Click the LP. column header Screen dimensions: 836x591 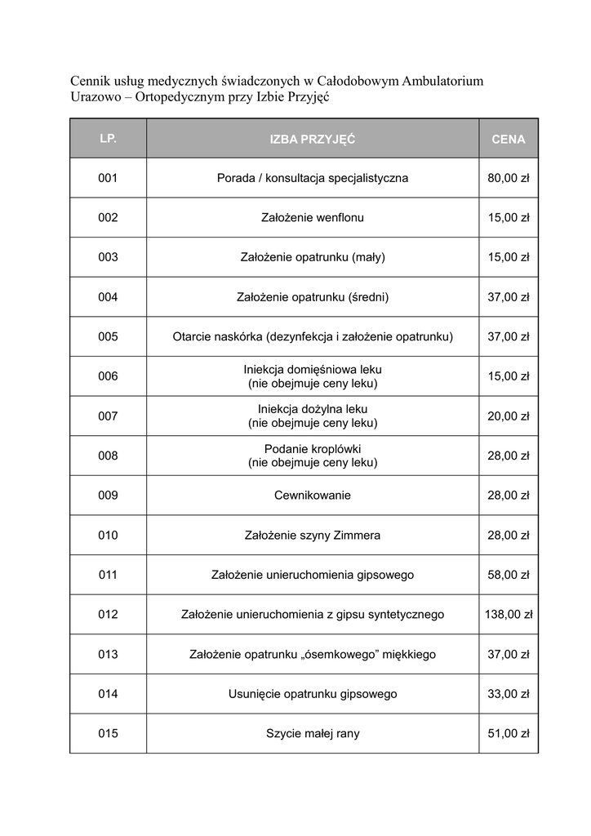(x=108, y=139)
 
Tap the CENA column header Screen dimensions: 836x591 (x=509, y=140)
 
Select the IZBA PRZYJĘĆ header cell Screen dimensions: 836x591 (x=313, y=140)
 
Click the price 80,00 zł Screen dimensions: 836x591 (x=509, y=178)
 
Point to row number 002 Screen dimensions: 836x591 (x=108, y=218)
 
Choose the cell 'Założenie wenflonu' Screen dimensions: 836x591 (x=313, y=218)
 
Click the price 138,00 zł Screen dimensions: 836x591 (x=509, y=615)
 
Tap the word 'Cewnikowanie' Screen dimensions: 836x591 (x=313, y=496)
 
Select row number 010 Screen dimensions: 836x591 (x=108, y=536)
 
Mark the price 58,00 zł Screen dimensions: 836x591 (x=509, y=575)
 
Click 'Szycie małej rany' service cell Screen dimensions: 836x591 (x=313, y=734)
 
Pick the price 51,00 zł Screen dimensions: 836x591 (x=509, y=734)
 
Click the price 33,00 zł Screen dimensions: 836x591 (x=509, y=694)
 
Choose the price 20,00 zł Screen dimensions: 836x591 (x=509, y=416)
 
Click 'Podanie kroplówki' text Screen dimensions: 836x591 (x=313, y=449)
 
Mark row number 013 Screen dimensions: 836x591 (x=108, y=655)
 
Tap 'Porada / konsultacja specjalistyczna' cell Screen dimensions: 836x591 (x=313, y=178)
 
